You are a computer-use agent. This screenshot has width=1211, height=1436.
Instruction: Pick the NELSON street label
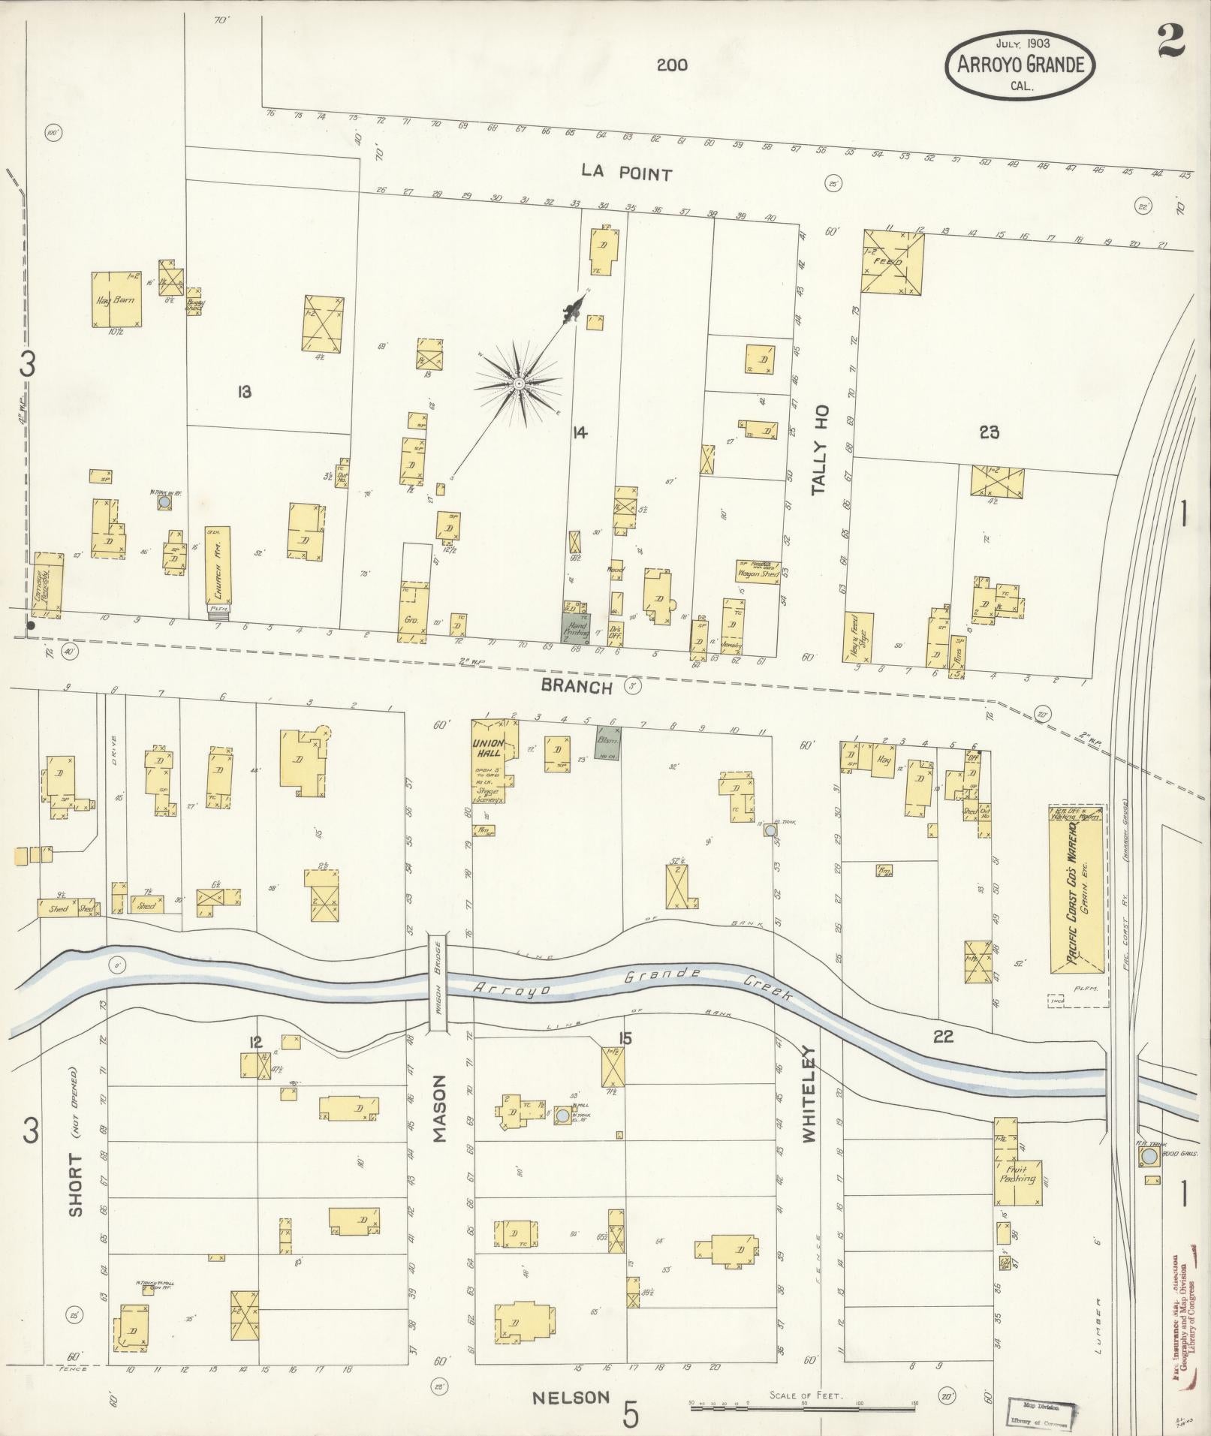pyautogui.click(x=571, y=1397)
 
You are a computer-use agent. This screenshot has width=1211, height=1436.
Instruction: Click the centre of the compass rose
pyautogui.click(x=518, y=384)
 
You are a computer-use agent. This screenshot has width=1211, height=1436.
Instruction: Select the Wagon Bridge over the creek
pyautogui.click(x=437, y=983)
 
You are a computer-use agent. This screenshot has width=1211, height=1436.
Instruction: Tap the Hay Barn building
pyautogui.click(x=116, y=300)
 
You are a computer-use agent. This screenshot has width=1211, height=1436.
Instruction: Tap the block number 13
pyautogui.click(x=243, y=391)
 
